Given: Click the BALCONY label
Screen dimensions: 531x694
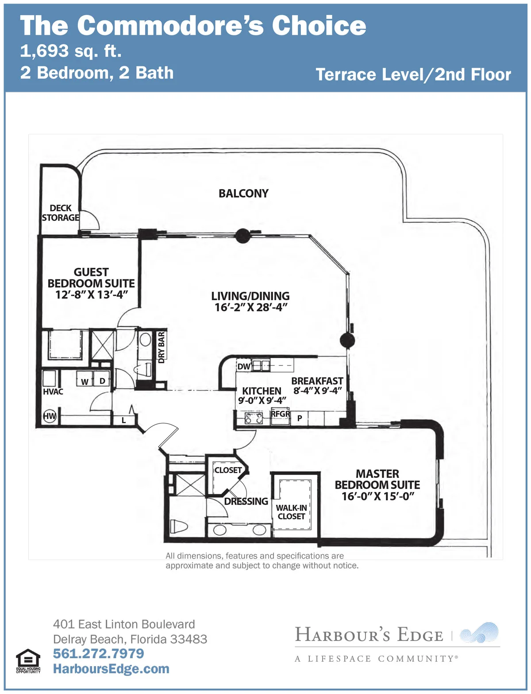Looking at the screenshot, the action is click(243, 194).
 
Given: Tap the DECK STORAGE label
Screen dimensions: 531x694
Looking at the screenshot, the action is click(61, 213).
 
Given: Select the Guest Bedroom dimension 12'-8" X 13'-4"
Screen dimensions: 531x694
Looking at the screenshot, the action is click(92, 295).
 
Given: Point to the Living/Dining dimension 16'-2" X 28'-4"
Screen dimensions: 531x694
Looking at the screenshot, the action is click(250, 307).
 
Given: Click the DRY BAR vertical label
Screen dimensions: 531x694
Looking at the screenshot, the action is click(162, 347).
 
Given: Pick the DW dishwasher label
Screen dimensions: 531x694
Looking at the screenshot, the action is click(244, 366).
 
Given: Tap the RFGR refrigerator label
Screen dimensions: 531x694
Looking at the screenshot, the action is click(280, 414).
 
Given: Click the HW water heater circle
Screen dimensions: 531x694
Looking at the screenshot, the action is click(50, 416).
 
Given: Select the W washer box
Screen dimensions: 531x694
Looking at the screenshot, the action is click(85, 379).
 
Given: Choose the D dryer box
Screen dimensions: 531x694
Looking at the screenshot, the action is click(102, 378).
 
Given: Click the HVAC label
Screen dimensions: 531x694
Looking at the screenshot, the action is click(53, 392).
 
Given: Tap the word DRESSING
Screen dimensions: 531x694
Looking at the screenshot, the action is click(246, 501).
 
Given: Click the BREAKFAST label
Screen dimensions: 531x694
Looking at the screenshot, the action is click(317, 381).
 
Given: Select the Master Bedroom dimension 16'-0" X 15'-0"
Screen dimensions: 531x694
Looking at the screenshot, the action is click(377, 496).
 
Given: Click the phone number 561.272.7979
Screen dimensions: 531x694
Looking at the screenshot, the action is click(98, 653).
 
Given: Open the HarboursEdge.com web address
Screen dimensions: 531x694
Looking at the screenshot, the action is click(111, 669).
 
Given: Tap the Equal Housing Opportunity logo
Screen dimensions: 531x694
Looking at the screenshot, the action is click(28, 661).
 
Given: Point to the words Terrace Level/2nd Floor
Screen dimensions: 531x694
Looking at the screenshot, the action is click(413, 75).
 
